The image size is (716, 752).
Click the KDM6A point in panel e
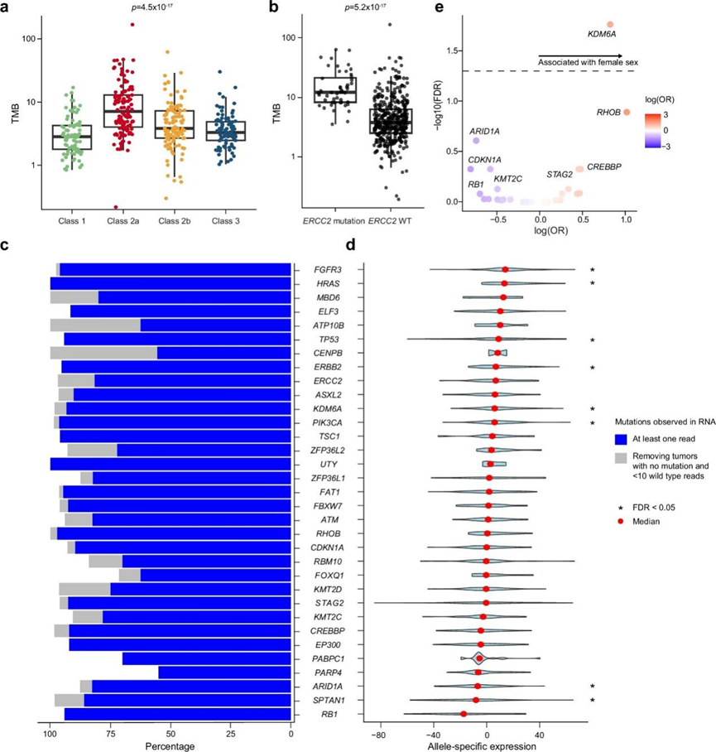[x=610, y=25]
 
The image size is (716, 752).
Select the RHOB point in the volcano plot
[x=627, y=112]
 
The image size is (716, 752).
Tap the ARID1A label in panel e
[x=484, y=131]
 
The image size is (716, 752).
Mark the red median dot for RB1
[x=464, y=714]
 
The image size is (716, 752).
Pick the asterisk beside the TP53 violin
[x=592, y=340]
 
